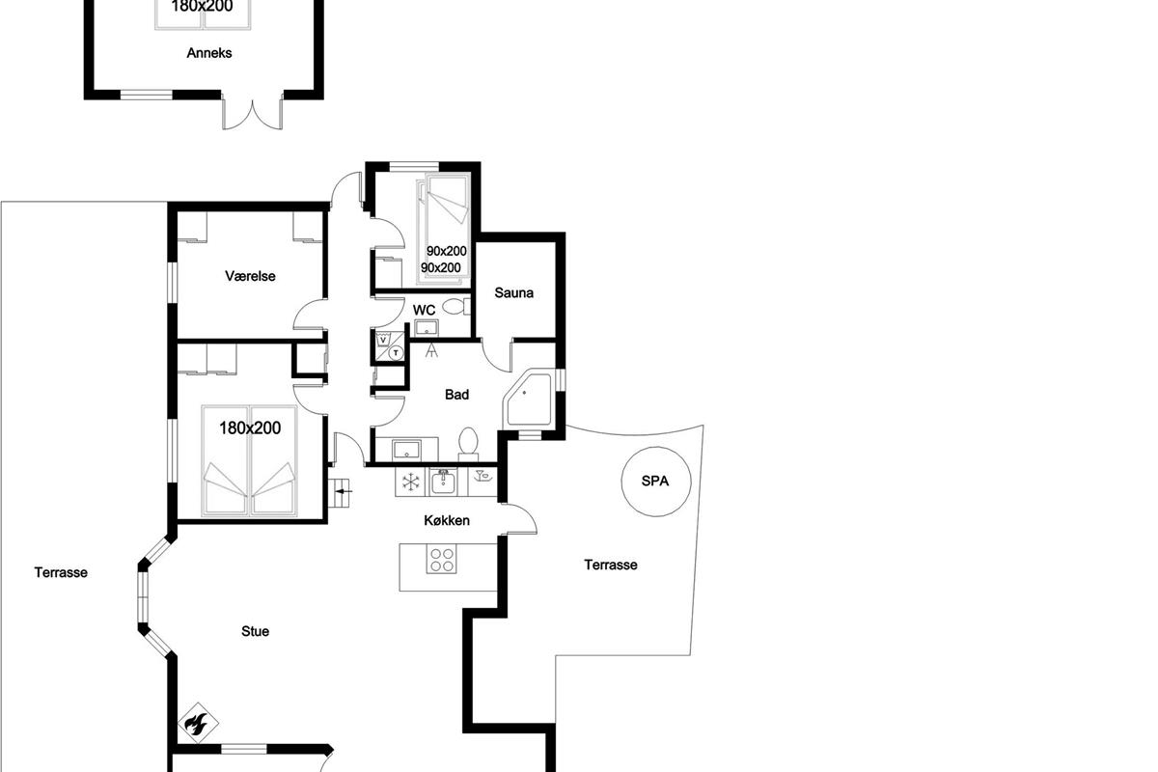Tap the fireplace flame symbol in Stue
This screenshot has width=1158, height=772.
(x=198, y=723)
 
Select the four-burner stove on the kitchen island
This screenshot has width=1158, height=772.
(x=441, y=559)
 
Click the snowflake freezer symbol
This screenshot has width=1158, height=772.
(x=411, y=482)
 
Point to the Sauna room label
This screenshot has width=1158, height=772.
(x=513, y=292)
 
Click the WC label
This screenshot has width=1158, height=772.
(x=424, y=311)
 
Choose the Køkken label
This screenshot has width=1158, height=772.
(x=447, y=520)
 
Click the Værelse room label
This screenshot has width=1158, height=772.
(x=250, y=276)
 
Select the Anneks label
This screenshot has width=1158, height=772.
(x=209, y=53)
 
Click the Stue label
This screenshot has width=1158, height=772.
(x=256, y=631)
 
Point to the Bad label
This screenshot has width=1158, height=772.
(x=457, y=395)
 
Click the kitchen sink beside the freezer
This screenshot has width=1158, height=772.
(x=444, y=482)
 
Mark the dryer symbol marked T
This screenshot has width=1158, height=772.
(x=397, y=353)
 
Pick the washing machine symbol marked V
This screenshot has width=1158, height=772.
(x=383, y=340)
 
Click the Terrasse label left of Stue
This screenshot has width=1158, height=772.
(x=61, y=572)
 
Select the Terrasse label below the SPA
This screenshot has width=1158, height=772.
(x=611, y=565)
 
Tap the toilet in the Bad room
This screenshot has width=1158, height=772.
(x=469, y=444)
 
